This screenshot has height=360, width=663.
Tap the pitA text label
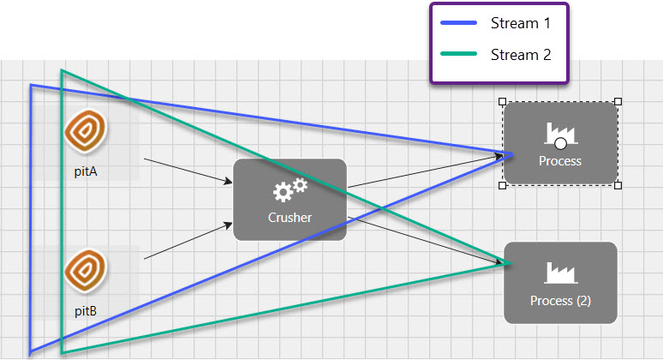[x=86, y=171]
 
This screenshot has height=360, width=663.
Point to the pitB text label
[x=86, y=311]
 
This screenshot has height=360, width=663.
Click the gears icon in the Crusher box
[x=290, y=190]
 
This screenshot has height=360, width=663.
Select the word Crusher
[x=290, y=218]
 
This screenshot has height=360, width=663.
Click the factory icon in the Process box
[x=560, y=134]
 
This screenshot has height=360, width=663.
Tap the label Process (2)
[x=560, y=301]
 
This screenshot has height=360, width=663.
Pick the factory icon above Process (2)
[x=560, y=273]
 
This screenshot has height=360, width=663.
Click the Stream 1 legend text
[x=520, y=23]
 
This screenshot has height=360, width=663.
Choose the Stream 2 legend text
[x=520, y=55]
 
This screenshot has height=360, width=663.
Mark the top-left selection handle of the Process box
[x=503, y=101]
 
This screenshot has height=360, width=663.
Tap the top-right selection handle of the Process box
[x=618, y=101]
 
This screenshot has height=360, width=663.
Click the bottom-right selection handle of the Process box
[x=618, y=184]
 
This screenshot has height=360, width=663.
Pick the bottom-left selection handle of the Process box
[x=503, y=184]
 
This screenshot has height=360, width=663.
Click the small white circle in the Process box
[x=560, y=143]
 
